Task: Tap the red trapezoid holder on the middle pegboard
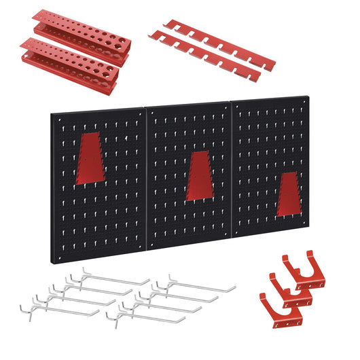[198, 176]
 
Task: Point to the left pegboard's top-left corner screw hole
[58, 117]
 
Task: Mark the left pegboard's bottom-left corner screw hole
[58, 257]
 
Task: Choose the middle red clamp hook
[288, 289]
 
